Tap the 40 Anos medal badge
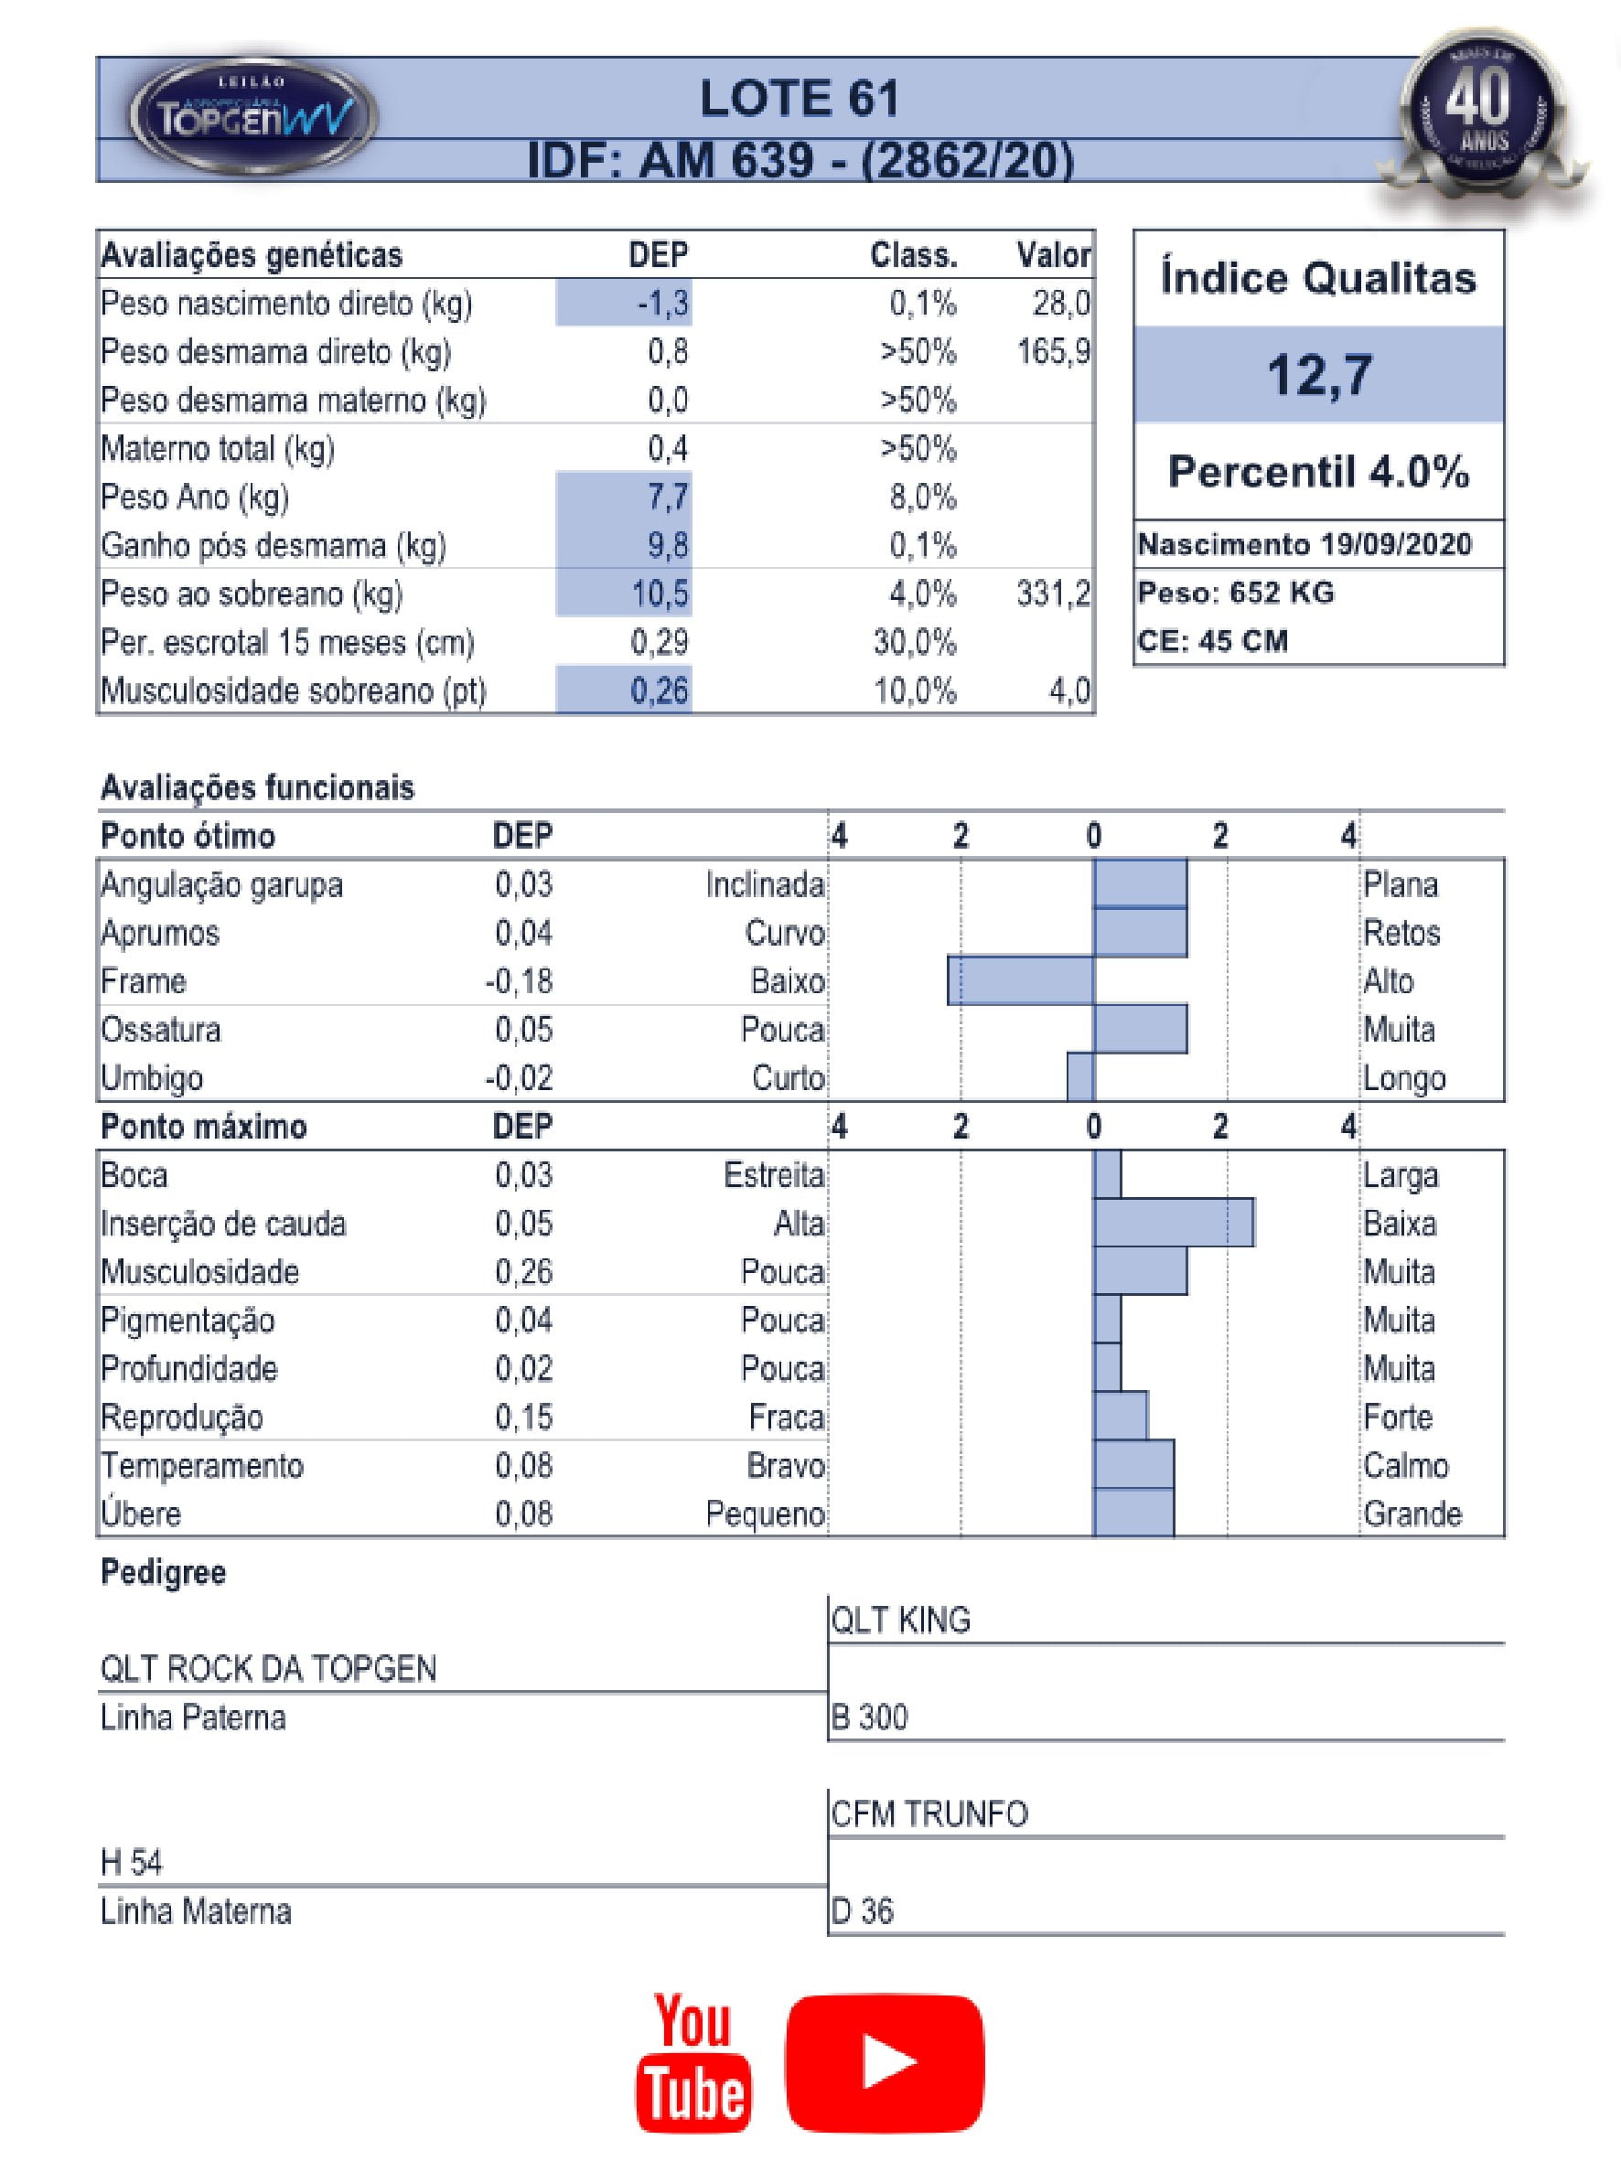point(1482,110)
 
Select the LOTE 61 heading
point(799,99)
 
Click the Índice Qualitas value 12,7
point(1318,374)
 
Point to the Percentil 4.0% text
point(1318,472)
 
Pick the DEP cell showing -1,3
point(663,304)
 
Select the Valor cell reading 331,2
point(1052,593)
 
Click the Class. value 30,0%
point(915,642)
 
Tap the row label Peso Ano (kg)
point(196,497)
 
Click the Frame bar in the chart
point(1020,981)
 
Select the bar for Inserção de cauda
point(1173,1223)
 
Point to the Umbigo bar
point(1080,1077)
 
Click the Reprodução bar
point(1121,1417)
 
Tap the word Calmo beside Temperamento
point(1405,1465)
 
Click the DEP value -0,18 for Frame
point(519,981)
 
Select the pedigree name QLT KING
point(900,1621)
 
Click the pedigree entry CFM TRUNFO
point(929,1814)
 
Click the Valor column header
point(1052,255)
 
